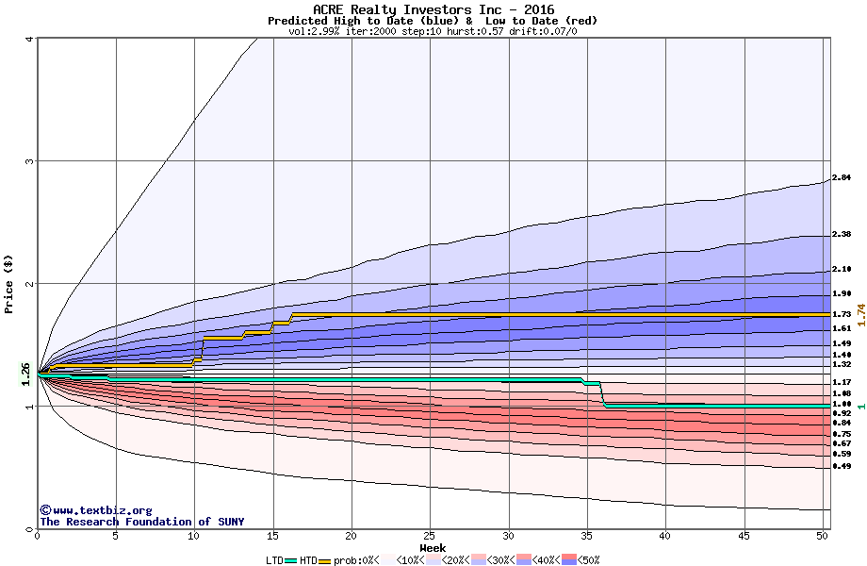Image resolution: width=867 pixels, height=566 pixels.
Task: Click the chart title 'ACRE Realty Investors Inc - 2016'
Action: coord(433,9)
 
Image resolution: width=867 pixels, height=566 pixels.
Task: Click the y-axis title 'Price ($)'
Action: coord(9,284)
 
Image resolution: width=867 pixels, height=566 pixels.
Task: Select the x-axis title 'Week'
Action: coord(433,548)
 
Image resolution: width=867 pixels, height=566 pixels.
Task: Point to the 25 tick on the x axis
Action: coord(430,536)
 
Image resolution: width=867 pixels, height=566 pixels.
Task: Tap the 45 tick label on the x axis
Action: coord(744,536)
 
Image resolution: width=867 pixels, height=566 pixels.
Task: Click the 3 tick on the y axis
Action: coord(28,161)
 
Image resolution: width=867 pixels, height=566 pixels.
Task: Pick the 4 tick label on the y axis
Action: coord(28,39)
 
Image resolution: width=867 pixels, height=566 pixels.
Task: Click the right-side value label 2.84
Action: coord(842,177)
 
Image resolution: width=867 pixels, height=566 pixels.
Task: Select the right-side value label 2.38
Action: coord(842,234)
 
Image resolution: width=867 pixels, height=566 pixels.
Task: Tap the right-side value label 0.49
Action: coord(842,466)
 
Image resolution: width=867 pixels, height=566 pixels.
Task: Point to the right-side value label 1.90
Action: coord(842,293)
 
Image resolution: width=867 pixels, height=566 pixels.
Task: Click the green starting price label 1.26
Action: coord(26,375)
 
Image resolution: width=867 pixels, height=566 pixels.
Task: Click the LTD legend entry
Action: coord(276,559)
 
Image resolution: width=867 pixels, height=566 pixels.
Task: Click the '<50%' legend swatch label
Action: coord(588,559)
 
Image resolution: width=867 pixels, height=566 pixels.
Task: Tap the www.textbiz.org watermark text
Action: coord(95,510)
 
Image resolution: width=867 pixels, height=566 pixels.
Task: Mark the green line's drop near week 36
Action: coord(601,394)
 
